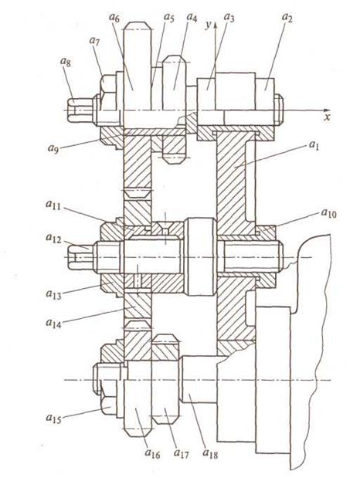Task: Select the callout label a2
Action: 286,18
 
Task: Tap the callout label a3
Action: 229,18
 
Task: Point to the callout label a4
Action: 192,18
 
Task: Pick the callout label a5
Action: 168,18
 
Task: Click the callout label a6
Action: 114,18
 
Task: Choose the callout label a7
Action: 94,41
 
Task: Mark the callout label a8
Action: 65,63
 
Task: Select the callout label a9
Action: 53,148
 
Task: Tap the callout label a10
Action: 328,213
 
